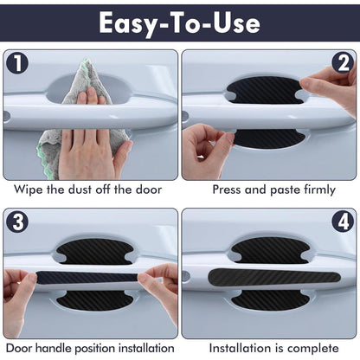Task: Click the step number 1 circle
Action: pos(17,63)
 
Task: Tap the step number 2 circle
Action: pos(343,63)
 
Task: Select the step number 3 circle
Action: pos(17,222)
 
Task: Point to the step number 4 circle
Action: pos(343,222)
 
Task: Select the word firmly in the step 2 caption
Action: pos(319,190)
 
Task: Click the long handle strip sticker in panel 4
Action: pos(274,277)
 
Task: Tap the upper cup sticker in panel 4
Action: pos(270,251)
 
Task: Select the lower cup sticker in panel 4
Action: pos(270,300)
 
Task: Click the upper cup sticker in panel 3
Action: pos(94,252)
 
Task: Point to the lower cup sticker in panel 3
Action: pos(94,301)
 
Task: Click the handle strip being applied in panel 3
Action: pos(87,278)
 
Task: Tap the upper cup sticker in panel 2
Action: pos(266,90)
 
